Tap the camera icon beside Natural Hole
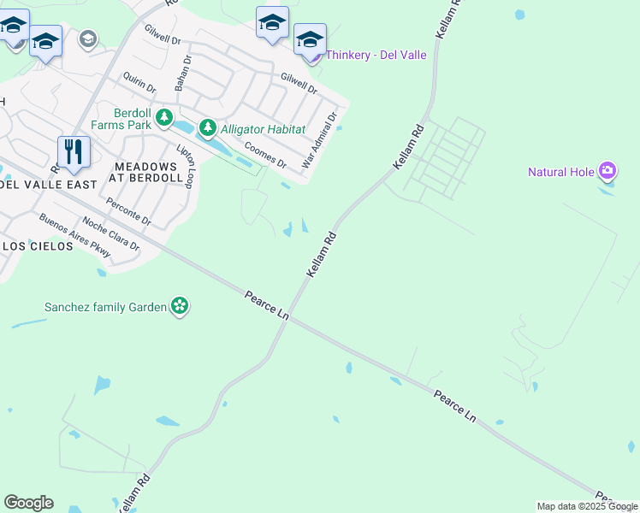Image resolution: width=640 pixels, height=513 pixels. click(x=607, y=171)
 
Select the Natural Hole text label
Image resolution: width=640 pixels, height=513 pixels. click(x=560, y=172)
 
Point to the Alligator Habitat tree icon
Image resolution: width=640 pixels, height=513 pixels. click(x=207, y=129)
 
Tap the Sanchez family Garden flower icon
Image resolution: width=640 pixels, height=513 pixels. click(x=179, y=306)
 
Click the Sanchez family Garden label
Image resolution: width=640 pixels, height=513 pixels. click(x=106, y=306)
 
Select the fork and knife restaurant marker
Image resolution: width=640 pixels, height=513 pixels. click(x=74, y=152)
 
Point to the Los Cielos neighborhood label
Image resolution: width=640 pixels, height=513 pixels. click(x=35, y=246)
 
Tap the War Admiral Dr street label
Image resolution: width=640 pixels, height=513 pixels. click(x=321, y=139)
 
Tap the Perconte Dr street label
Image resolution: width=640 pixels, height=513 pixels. click(x=128, y=212)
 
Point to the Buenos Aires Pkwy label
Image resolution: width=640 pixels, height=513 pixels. click(x=75, y=234)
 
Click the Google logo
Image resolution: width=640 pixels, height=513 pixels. click(x=28, y=503)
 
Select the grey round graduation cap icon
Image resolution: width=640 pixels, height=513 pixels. click(x=87, y=39)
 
